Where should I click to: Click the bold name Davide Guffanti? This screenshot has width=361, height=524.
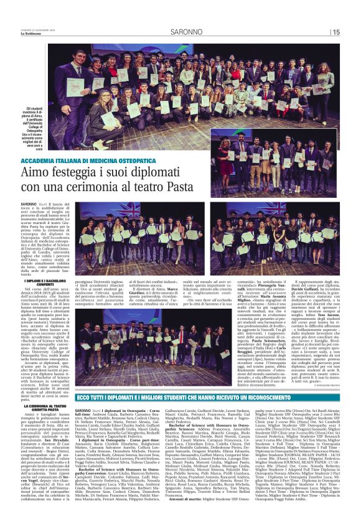[321, 284]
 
